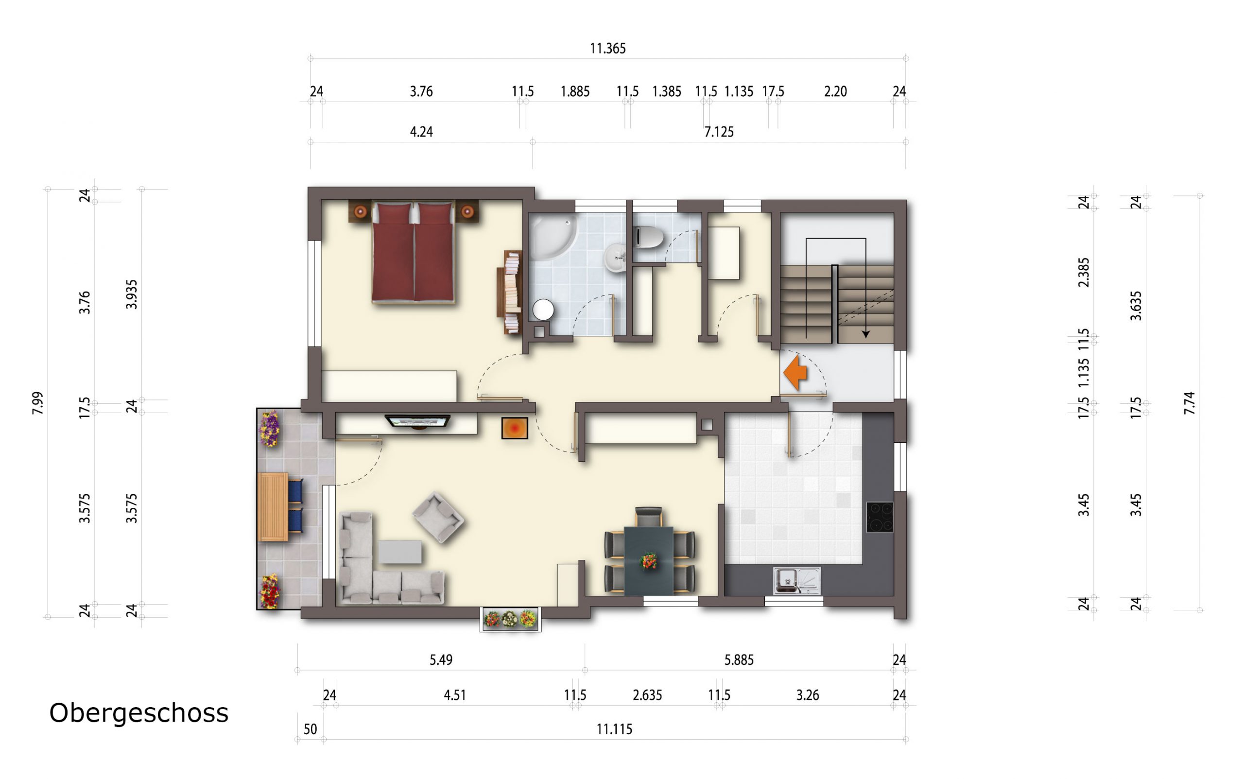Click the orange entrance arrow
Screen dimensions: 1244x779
[x=795, y=372]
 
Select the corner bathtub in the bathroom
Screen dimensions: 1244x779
[x=553, y=238]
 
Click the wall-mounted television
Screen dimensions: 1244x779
[x=418, y=421]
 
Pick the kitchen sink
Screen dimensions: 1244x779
[x=796, y=581]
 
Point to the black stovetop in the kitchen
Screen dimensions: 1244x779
[x=880, y=517]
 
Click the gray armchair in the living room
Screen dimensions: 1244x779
[x=438, y=517]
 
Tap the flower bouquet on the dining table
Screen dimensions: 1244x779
[x=649, y=560]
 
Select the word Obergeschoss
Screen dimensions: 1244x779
[x=138, y=713]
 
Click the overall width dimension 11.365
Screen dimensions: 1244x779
[x=608, y=49]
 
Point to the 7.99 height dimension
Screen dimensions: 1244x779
[x=37, y=403]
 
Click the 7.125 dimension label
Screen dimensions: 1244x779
[x=719, y=132]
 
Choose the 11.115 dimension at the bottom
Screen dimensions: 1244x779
[x=614, y=729]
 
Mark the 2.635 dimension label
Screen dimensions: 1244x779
[x=647, y=695]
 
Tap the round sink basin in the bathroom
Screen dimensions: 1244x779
[x=615, y=258]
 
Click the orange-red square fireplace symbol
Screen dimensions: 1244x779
[x=515, y=428]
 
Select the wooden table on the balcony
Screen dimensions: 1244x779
[x=273, y=507]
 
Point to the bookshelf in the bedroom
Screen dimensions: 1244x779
[x=509, y=292]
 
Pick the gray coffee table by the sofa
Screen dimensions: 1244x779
[x=400, y=552]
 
